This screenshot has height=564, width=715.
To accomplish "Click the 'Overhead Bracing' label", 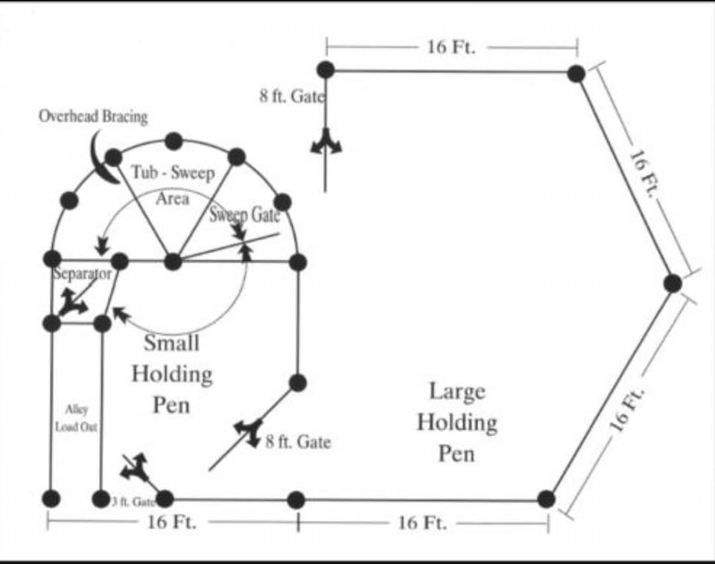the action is (x=93, y=116).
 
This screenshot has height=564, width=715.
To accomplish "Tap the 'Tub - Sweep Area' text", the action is (x=173, y=186).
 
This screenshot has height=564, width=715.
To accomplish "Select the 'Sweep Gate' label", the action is (x=244, y=215).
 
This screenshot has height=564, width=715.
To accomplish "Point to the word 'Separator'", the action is (x=82, y=273).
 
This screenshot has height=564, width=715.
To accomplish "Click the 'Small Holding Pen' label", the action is (x=172, y=374).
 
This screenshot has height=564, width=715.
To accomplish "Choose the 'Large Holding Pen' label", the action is (x=457, y=422).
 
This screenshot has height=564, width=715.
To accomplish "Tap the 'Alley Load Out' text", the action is (x=76, y=418).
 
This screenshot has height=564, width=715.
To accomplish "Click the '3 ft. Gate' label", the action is (x=133, y=502).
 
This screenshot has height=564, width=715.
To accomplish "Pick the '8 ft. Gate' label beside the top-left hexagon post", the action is (x=292, y=96).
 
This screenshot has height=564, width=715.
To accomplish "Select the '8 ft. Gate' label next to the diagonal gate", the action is (x=298, y=442).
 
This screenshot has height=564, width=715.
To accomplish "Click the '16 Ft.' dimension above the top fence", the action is (x=451, y=47).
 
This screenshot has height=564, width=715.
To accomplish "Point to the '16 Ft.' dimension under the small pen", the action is (x=171, y=522).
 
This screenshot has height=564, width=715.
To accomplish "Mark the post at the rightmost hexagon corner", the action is (x=673, y=283).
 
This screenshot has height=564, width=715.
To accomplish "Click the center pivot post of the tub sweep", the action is (x=173, y=262).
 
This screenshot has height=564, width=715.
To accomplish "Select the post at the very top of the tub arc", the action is (x=174, y=142).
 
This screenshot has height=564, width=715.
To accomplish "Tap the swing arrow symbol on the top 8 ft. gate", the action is (x=326, y=142).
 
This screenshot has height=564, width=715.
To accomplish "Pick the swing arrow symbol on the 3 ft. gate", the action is (x=135, y=467).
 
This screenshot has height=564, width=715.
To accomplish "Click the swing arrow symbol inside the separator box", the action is (x=73, y=302).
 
